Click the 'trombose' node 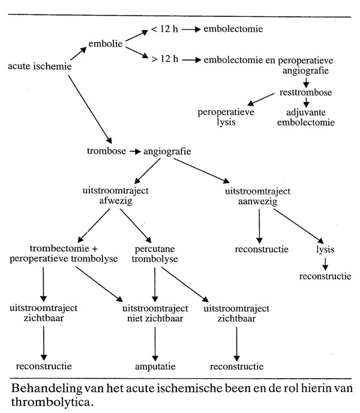106,151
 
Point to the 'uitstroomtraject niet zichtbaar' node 155,313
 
